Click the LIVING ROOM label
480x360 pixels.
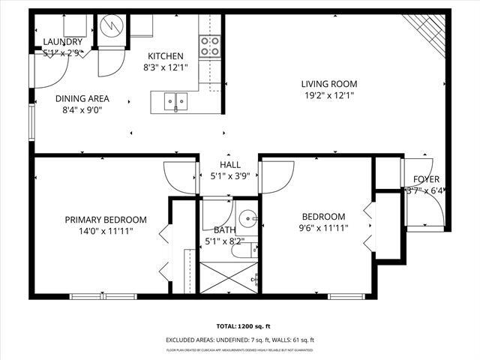point(328,84)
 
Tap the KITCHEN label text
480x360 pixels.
point(166,56)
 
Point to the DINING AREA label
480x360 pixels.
point(82,98)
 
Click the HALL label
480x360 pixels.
point(229,165)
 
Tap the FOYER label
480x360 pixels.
point(426,179)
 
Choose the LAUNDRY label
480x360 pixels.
point(61,41)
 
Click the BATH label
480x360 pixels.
point(224,230)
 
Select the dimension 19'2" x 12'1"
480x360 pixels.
point(328,95)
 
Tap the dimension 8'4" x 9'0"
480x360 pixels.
point(82,109)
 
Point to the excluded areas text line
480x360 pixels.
point(240,340)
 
